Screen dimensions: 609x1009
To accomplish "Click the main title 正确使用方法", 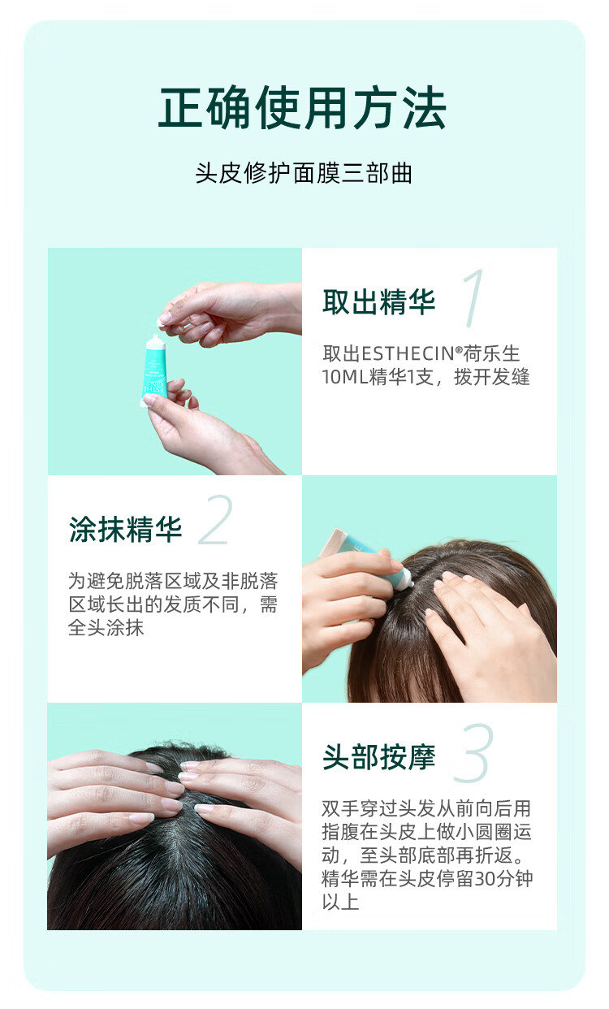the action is [302, 108].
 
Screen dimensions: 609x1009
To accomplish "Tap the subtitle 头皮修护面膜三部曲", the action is [304, 173].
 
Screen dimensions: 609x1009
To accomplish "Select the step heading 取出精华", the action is [379, 301].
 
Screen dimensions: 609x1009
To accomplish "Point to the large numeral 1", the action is [473, 298].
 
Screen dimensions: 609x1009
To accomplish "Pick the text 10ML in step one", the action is [345, 377].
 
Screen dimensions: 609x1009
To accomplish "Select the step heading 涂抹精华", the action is [125, 529].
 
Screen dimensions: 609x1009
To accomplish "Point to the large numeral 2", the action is [216, 520].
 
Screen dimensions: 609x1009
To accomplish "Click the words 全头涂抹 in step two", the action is [106, 627].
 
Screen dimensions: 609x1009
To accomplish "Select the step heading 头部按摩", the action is [379, 757].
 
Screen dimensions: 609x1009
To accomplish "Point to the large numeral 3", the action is [473, 753].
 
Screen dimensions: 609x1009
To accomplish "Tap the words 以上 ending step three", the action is [340, 901].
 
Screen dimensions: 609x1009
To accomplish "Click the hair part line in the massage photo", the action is [176, 825].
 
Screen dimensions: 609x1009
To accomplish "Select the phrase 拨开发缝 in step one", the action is [492, 377].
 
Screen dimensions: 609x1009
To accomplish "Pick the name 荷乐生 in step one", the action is [491, 353].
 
